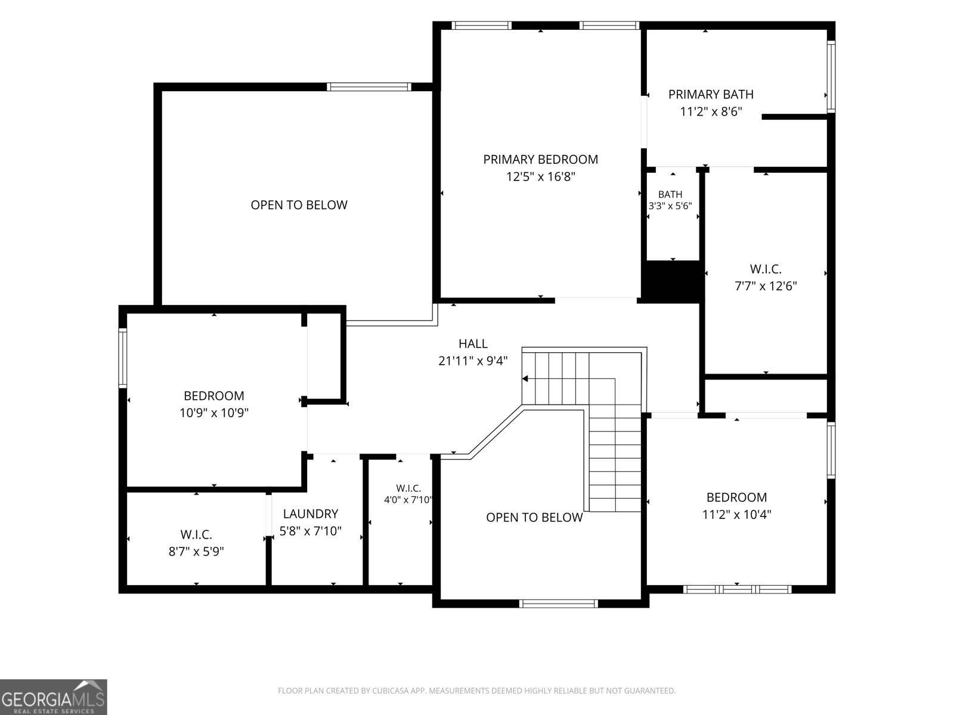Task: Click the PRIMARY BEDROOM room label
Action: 540,159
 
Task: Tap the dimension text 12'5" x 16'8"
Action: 540,177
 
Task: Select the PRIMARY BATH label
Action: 711,94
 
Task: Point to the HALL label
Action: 473,343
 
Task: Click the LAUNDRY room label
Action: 310,514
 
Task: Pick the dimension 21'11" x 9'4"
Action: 473,360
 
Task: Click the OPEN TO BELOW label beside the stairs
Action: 534,517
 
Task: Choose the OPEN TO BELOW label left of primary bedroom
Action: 299,205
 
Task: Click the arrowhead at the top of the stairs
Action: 525,379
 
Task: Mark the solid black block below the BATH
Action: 673,281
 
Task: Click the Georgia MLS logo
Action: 54,697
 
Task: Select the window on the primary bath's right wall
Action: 831,76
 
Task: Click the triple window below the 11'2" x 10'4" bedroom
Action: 737,589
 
